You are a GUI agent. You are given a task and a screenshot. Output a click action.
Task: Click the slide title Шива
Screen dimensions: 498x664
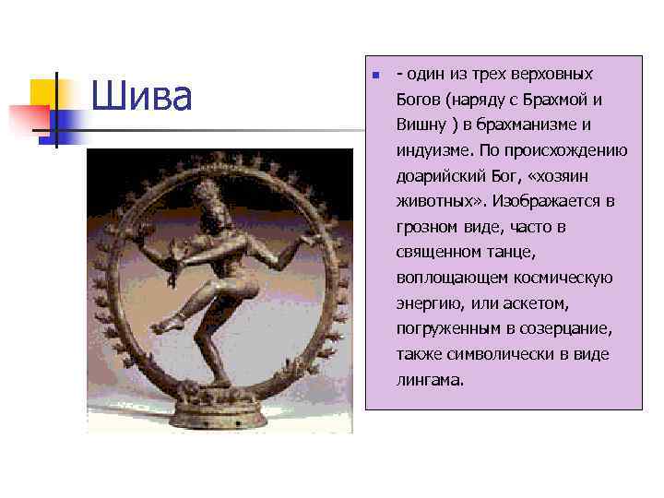pos(142,97)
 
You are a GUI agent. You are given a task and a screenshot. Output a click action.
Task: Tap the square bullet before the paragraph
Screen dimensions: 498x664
pos(376,75)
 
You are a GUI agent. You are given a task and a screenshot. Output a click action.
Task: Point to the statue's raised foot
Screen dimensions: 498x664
pos(162,325)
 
